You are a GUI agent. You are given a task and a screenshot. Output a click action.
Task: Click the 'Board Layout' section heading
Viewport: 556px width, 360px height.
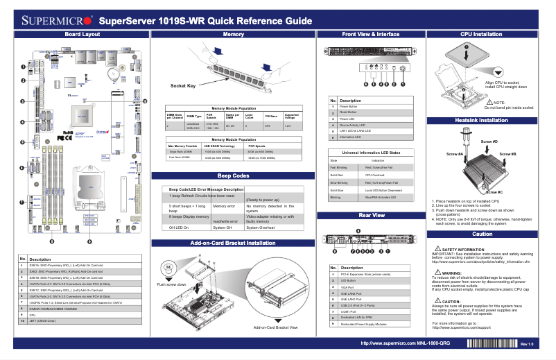pos(82,34)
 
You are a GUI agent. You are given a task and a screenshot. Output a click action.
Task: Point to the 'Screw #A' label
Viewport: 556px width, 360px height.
pos(455,153)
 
